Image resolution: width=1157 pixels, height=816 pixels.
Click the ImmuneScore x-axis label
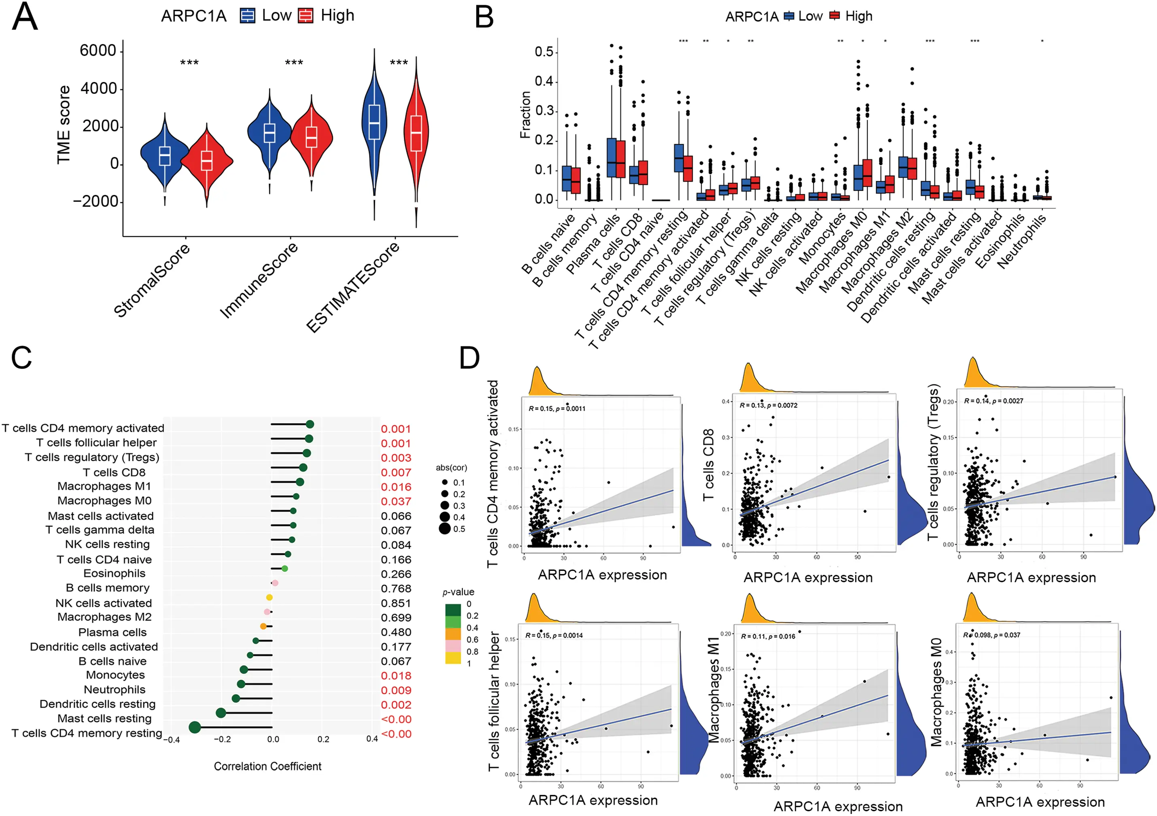(259, 280)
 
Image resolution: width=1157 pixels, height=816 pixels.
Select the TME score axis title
(64, 125)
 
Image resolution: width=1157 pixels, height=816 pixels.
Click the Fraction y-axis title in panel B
(525, 115)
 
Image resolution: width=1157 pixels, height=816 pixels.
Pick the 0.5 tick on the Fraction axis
(544, 52)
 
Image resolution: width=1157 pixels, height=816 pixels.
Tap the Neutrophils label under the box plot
(1021, 241)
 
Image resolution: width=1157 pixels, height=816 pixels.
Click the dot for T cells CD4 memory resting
(194, 727)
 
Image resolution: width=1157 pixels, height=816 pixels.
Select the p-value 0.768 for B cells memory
(396, 588)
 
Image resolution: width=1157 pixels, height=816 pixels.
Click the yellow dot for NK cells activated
(269, 598)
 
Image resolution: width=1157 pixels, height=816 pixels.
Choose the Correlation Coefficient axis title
(268, 766)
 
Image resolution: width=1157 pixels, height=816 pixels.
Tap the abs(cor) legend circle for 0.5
(445, 528)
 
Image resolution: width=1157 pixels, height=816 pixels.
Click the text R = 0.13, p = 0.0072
(768, 405)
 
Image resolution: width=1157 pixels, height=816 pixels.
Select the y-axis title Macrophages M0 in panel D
(936, 692)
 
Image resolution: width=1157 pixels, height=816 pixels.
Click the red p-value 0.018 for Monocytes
(396, 676)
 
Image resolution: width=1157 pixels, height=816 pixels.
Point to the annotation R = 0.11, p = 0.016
(768, 636)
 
